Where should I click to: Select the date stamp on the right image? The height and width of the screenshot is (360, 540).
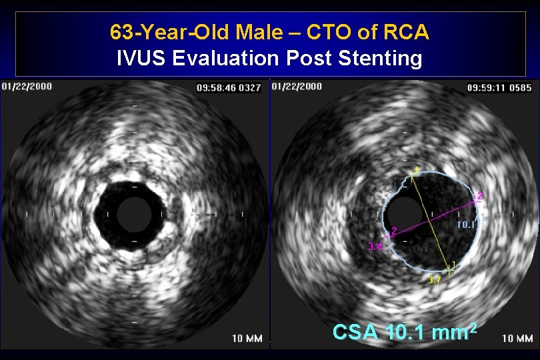tap(297, 87)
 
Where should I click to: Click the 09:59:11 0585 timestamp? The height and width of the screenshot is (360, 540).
tap(499, 87)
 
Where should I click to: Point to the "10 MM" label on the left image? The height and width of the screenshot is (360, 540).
tap(247, 338)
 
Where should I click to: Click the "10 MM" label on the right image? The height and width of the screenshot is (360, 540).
tap(517, 338)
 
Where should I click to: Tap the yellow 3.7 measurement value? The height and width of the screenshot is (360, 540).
tap(435, 281)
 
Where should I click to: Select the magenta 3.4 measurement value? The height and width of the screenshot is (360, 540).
tap(375, 246)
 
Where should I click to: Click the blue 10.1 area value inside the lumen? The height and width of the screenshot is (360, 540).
tap(467, 225)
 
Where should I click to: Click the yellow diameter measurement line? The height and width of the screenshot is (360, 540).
tap(433, 220)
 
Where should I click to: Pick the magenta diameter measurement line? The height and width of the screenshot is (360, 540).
tap(433, 214)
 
